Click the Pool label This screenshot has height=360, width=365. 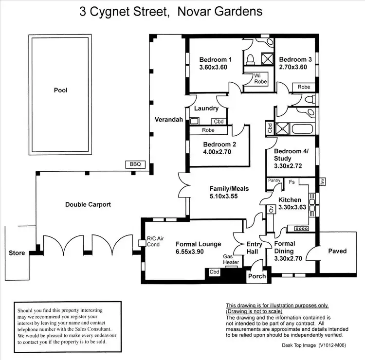point(61,90)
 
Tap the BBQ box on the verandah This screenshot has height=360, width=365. point(135,164)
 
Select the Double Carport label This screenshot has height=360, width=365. point(88,204)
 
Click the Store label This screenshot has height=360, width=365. point(17,253)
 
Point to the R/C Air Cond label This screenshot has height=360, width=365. point(156,241)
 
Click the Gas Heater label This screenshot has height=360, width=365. point(231,259)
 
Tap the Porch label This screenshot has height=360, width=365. point(257,276)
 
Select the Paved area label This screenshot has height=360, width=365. point(337,251)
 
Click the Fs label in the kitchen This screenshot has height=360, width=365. point(292,182)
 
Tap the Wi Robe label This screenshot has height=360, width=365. point(261,79)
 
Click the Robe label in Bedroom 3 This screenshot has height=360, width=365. point(304,87)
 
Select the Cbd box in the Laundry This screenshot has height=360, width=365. point(219,121)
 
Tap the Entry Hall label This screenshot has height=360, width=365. point(255,248)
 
